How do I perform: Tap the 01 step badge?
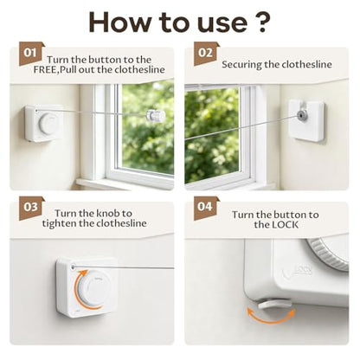(x=30, y=54)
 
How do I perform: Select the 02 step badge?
(x=205, y=54)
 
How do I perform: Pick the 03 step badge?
(x=30, y=208)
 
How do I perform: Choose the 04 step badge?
(x=205, y=208)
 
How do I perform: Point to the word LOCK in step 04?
(x=284, y=225)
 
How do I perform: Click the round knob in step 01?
(x=48, y=125)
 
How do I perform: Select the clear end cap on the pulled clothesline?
(x=156, y=115)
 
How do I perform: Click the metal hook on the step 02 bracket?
(x=302, y=115)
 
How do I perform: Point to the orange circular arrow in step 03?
(x=76, y=288)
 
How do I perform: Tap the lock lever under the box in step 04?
(x=274, y=305)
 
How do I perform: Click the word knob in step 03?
(x=107, y=214)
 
